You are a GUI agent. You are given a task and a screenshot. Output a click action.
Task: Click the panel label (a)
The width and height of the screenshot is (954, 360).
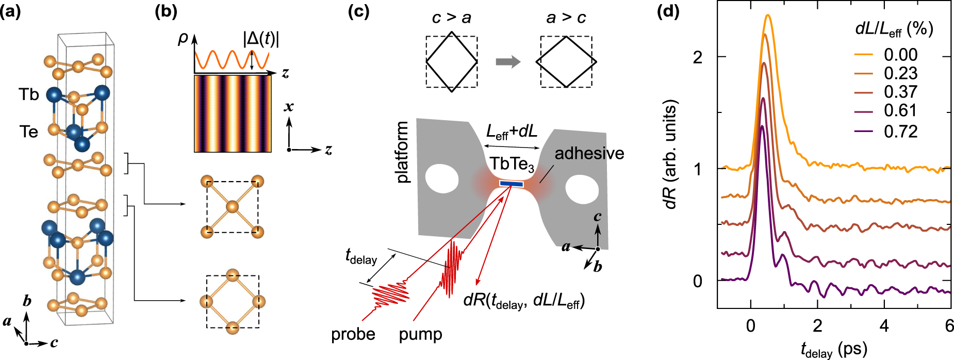(10, 11)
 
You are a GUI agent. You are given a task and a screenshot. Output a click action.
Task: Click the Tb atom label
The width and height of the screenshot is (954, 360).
(29, 95)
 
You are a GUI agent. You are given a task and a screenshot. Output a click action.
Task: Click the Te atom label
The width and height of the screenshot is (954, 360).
(29, 132)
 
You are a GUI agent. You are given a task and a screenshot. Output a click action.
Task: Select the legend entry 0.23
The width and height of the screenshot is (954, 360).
(900, 73)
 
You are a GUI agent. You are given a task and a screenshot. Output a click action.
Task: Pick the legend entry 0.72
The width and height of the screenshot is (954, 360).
(900, 132)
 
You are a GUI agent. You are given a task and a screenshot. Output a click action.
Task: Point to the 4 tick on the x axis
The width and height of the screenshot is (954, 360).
(884, 326)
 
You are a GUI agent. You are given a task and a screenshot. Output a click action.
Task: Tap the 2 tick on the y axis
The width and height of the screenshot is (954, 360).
(698, 57)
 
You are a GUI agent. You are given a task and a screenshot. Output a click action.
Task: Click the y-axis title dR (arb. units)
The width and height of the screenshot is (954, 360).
(670, 155)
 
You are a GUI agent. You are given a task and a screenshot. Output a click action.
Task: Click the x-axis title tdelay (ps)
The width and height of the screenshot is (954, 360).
(834, 350)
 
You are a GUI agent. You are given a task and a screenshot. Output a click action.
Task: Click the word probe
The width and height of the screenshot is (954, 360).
(353, 334)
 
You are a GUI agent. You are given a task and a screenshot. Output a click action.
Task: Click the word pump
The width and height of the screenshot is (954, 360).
(420, 334)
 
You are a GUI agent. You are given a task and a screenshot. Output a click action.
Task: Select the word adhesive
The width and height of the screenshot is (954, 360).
(589, 153)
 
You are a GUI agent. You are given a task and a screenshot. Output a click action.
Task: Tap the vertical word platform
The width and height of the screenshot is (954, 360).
(402, 152)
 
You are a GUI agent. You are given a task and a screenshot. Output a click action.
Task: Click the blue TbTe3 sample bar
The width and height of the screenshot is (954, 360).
(511, 184)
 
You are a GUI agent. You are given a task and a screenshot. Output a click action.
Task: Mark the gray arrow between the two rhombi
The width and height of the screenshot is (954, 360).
(508, 62)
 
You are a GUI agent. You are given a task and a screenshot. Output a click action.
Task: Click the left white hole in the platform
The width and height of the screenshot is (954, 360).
(441, 178)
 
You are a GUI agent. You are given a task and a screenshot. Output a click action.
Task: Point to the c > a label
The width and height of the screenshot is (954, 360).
(451, 18)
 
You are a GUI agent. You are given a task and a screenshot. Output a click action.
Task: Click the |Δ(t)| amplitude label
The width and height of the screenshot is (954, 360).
(261, 39)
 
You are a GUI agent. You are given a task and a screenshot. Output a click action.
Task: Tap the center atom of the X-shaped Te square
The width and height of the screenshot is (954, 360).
(232, 207)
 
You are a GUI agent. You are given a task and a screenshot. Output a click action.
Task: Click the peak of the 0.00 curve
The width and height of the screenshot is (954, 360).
(768, 15)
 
